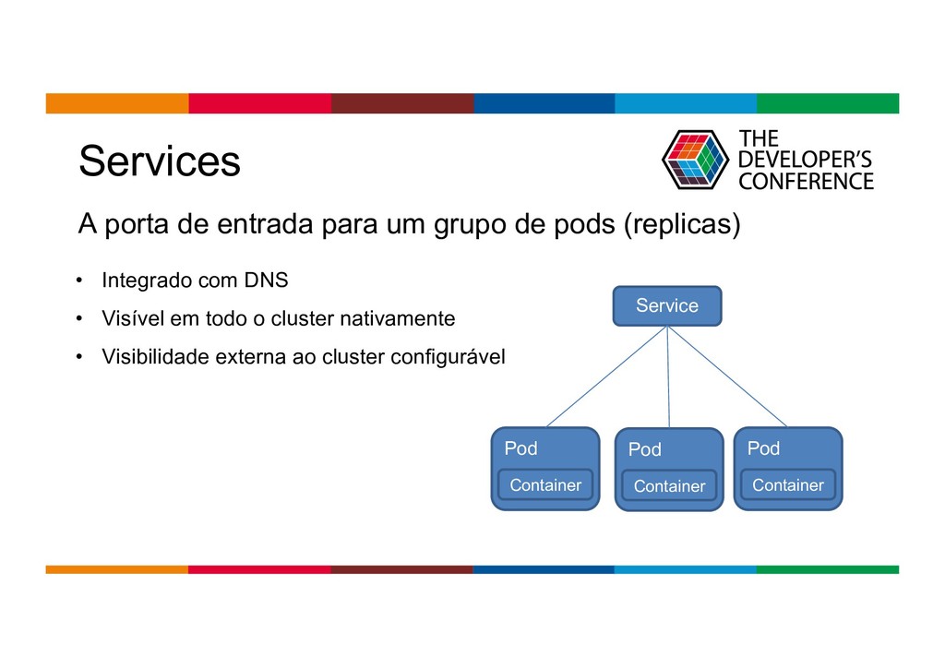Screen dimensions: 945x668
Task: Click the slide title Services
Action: tap(160, 161)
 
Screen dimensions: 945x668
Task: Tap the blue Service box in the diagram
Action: tap(667, 305)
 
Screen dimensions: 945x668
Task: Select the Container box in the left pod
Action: tap(545, 484)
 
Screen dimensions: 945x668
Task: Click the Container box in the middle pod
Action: tap(669, 485)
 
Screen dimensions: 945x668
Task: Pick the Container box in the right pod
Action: tap(787, 484)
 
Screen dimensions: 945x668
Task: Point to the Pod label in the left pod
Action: tap(520, 448)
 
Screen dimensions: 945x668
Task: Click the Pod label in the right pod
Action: tap(763, 448)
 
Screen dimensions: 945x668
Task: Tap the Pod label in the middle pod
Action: tap(644, 449)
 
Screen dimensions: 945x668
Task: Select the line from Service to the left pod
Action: tap(607, 376)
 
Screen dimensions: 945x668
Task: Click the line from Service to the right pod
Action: tap(726, 376)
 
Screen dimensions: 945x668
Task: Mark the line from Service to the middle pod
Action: tap(668, 376)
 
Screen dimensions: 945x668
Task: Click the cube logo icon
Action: tap(695, 160)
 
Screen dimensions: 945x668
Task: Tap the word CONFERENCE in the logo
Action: tap(806, 181)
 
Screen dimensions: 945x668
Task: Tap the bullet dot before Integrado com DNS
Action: tap(80, 280)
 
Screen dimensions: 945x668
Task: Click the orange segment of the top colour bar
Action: tap(117, 102)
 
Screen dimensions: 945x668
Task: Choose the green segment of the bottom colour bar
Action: tap(827, 569)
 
